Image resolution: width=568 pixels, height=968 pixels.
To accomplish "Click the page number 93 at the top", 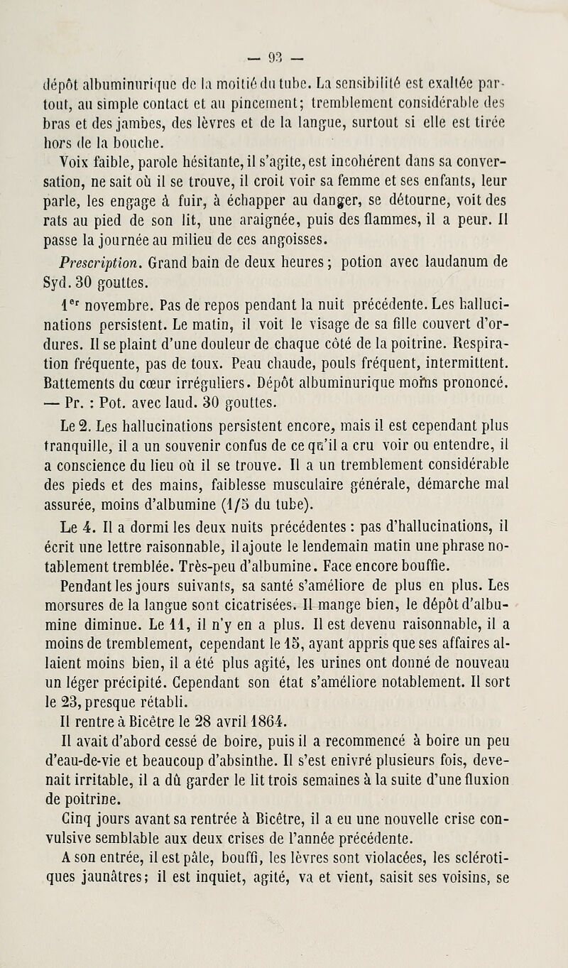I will (284, 15).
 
